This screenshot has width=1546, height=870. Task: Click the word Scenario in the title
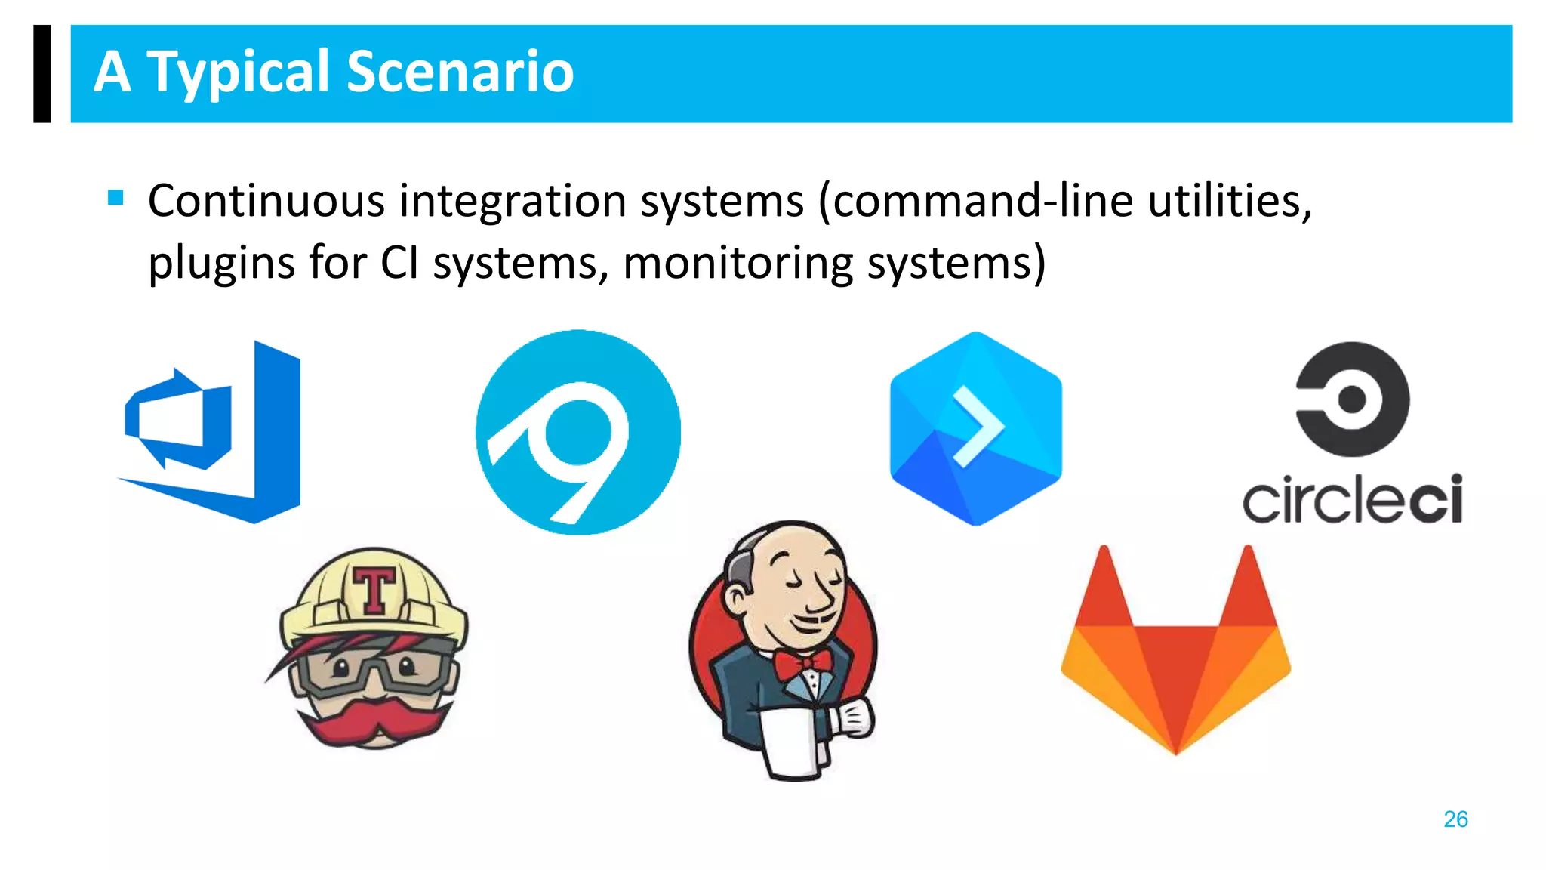tap(460, 72)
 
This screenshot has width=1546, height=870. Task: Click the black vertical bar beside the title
tap(42, 73)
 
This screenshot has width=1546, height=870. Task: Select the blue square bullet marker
tap(115, 198)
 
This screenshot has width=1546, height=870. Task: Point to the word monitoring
tap(738, 264)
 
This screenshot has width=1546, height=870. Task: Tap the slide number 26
tap(1455, 819)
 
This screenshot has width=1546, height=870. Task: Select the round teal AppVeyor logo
tap(577, 432)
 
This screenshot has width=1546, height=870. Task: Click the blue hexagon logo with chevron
tap(975, 429)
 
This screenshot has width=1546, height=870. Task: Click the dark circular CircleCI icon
tap(1352, 399)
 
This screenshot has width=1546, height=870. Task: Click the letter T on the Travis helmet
tap(374, 590)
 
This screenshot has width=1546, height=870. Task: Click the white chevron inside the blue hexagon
tap(978, 427)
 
